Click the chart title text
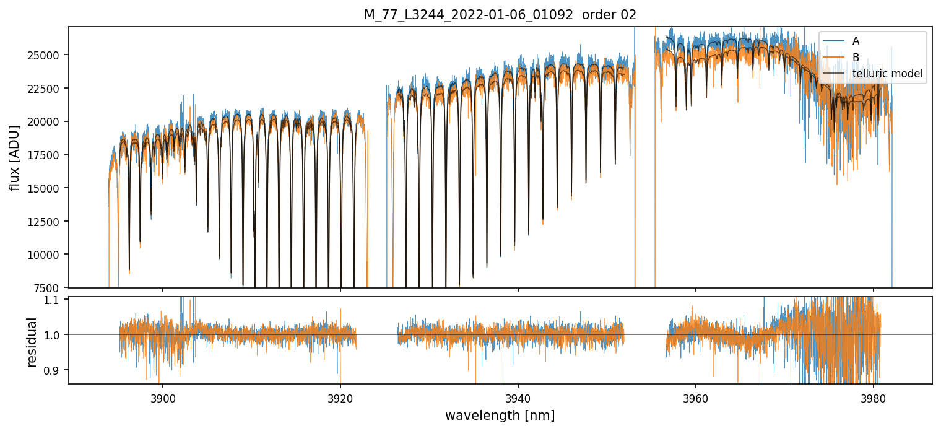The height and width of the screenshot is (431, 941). coord(500,15)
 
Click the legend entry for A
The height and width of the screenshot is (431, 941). coord(856,41)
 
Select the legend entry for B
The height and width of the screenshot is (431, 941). coord(856,58)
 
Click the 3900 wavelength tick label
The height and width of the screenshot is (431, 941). coord(163,396)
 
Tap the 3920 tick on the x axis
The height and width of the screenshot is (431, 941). coord(340,396)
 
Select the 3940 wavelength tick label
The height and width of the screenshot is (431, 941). coord(518,396)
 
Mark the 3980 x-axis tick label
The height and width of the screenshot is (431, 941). coord(873,396)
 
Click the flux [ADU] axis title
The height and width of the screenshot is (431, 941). coord(14,157)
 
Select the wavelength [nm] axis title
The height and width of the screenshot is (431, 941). coord(500,415)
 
